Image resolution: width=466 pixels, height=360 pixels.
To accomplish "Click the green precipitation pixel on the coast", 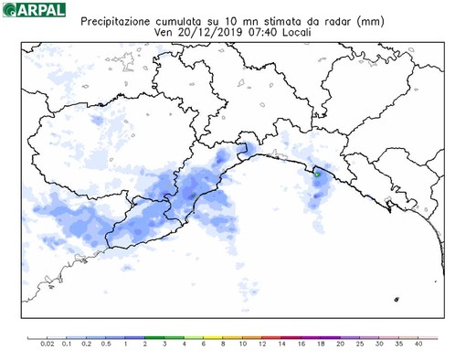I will coord(314,171).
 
